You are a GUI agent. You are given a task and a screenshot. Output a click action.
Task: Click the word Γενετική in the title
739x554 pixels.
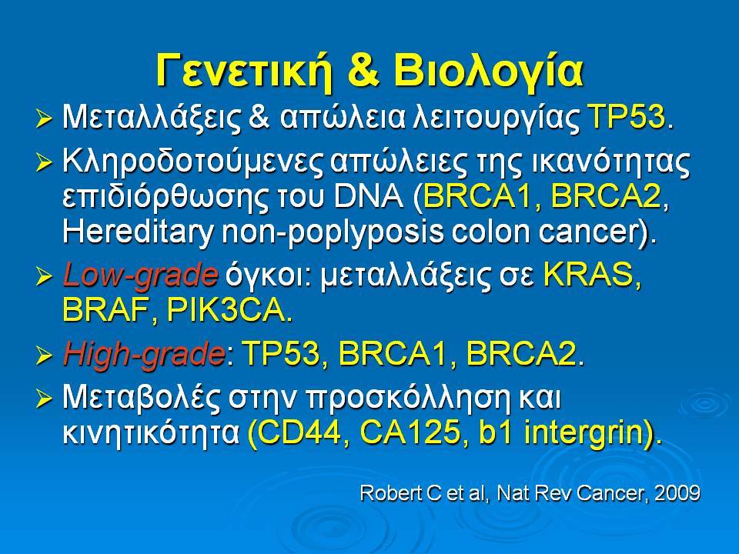[243, 71]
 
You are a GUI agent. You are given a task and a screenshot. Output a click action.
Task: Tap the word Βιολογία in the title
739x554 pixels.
[488, 71]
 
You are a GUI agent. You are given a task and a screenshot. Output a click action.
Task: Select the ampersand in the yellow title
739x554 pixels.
[362, 71]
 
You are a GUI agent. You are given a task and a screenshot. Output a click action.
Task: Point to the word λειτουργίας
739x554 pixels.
[495, 118]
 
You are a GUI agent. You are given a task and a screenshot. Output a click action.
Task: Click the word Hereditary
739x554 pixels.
[138, 232]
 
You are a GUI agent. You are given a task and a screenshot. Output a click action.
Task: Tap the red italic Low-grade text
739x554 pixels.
[140, 275]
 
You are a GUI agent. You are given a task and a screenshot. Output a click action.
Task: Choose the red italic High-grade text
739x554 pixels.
[144, 354]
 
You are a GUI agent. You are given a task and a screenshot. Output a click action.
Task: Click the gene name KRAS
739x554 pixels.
[591, 274]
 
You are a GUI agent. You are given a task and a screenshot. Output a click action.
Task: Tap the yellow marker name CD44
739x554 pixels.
[299, 433]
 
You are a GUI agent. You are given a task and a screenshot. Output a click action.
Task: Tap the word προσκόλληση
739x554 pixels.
[408, 399]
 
